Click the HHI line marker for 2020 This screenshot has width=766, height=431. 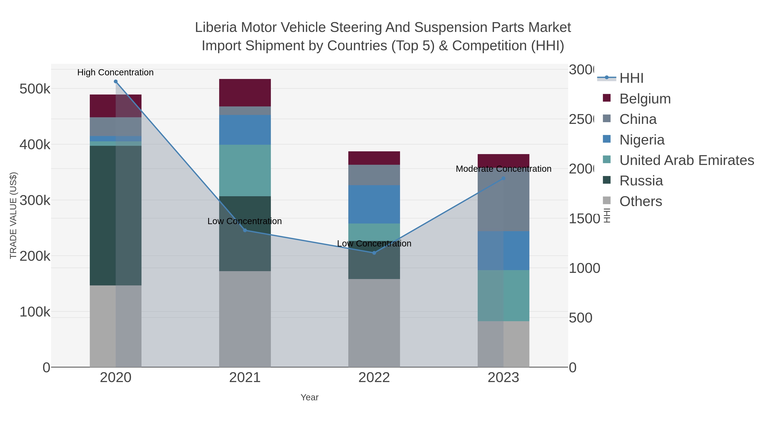[x=116, y=82]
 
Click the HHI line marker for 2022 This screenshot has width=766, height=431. [x=374, y=253]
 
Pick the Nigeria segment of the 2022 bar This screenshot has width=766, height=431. [x=374, y=204]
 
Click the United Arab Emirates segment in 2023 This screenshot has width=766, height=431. [x=503, y=295]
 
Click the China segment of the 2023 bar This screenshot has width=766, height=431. [x=503, y=200]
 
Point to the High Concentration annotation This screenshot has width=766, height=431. [x=115, y=72]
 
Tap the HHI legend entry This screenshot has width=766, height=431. [x=631, y=78]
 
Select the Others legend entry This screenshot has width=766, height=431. [x=640, y=201]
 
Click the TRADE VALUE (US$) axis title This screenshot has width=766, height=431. [x=13, y=215]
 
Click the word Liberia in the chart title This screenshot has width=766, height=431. [x=216, y=27]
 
